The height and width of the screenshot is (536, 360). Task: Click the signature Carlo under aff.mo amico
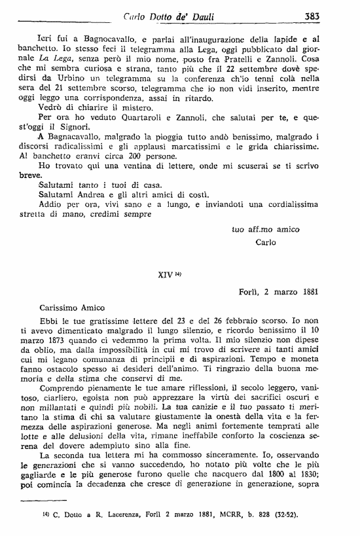pos(266,241)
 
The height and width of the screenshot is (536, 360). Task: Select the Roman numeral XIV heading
pos(166,275)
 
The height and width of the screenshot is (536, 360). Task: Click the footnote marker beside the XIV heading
pos(177,274)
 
